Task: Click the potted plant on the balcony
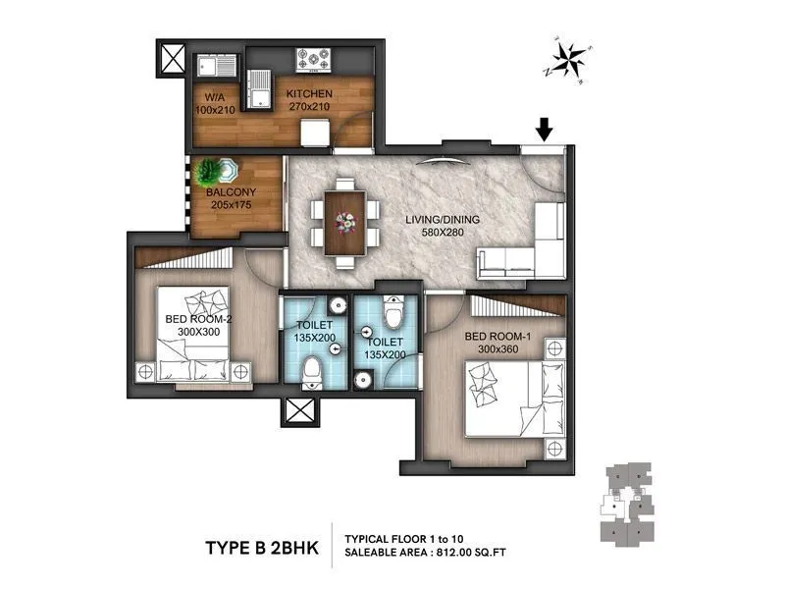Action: coord(212,171)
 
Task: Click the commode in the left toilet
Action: coord(312,372)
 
